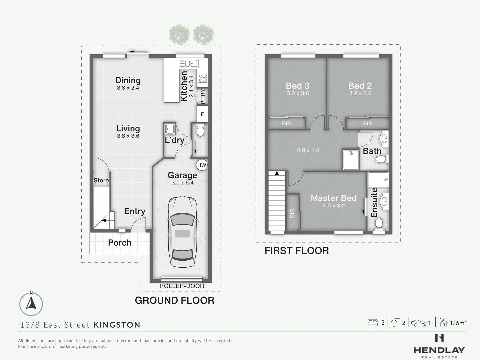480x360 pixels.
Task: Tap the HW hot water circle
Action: click(x=202, y=165)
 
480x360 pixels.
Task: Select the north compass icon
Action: click(x=31, y=304)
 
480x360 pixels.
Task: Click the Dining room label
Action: click(x=128, y=80)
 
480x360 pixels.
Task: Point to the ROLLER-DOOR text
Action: click(x=182, y=286)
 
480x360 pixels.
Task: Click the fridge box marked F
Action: click(x=202, y=114)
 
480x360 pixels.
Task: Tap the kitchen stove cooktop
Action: click(x=202, y=78)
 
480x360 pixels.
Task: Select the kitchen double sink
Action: click(x=189, y=63)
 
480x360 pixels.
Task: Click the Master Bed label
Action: click(x=334, y=198)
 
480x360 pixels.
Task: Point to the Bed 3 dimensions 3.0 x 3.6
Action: click(x=298, y=93)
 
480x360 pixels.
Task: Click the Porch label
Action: click(x=120, y=243)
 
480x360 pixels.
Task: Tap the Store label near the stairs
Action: click(x=101, y=180)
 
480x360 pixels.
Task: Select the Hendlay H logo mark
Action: click(x=439, y=338)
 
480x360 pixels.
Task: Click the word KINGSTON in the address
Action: click(x=117, y=325)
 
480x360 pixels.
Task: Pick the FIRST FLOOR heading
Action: click(x=297, y=251)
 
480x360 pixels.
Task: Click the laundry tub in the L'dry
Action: click(x=170, y=128)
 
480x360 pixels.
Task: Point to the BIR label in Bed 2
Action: click(x=367, y=124)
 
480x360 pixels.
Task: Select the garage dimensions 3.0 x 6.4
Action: click(x=182, y=183)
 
